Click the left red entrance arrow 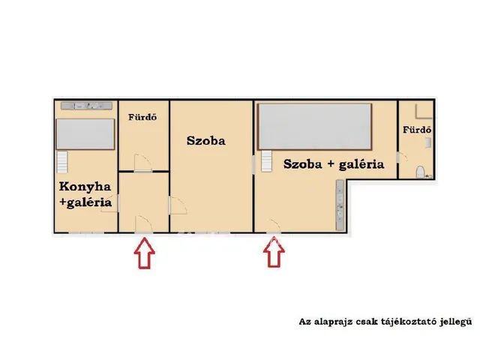coord(145,253)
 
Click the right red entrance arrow coord(274,253)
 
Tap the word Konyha coord(85,187)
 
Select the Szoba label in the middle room coord(206,140)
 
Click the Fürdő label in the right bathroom coord(415,129)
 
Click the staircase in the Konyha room coord(62,160)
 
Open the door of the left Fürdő coord(141,162)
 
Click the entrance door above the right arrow coord(273,223)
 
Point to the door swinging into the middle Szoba coord(177,205)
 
